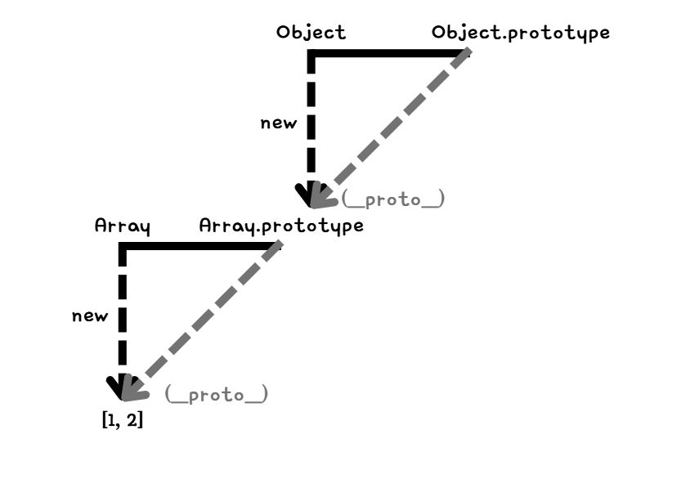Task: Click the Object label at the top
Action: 311,33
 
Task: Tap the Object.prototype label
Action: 521,33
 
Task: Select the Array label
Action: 123,226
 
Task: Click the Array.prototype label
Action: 281,226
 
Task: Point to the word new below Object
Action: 278,123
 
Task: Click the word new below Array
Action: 90,316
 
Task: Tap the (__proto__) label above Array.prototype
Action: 393,199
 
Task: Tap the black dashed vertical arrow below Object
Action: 311,123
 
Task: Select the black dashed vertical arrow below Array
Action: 123,319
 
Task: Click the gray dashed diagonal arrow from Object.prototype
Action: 392,123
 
